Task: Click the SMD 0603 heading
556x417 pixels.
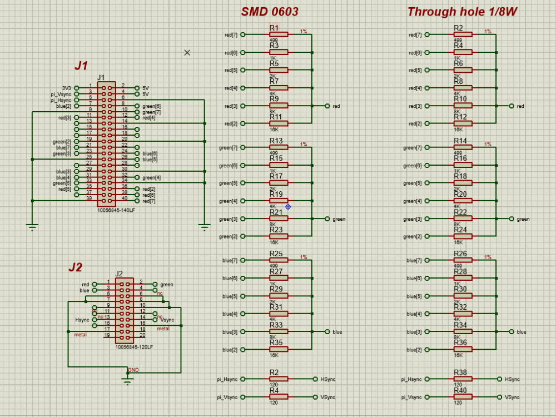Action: click(270, 12)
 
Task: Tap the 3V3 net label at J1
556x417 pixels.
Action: click(66, 88)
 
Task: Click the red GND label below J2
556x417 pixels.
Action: click(134, 370)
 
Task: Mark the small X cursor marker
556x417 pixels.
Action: click(187, 52)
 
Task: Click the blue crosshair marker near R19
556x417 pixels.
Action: click(288, 207)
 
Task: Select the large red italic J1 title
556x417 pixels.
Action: click(81, 66)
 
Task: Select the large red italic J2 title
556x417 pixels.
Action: click(75, 267)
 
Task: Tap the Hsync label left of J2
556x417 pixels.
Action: click(82, 319)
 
